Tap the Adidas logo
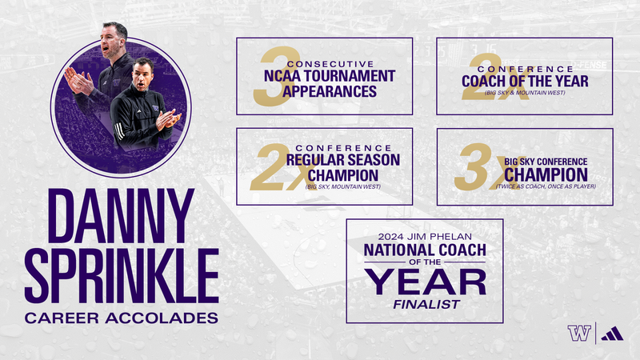(610, 333)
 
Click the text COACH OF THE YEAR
(524, 81)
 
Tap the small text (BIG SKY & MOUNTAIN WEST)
(524, 94)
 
